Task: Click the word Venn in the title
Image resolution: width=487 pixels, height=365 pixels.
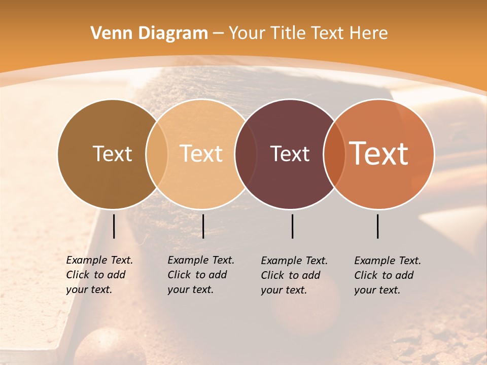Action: click(110, 33)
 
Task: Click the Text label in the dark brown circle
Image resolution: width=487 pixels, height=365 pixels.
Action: click(112, 154)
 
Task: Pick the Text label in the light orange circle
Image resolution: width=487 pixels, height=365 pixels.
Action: click(201, 154)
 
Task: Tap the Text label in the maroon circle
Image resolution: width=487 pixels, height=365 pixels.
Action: click(290, 154)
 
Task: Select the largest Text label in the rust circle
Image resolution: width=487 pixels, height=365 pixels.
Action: click(378, 153)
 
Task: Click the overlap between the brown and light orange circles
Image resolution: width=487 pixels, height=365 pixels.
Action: click(157, 154)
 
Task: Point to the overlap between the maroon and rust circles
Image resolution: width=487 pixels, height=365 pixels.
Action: click(334, 154)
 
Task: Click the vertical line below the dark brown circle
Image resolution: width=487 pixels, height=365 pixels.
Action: click(114, 226)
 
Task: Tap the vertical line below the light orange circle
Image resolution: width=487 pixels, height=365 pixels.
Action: click(203, 226)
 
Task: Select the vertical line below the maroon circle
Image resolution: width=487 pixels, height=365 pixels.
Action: click(292, 226)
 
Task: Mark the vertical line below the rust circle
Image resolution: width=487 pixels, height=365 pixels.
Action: click(377, 226)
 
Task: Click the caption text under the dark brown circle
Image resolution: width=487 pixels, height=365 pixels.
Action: click(99, 275)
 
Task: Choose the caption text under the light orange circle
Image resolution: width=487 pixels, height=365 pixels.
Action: click(201, 275)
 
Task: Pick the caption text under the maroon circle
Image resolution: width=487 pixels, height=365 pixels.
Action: click(294, 275)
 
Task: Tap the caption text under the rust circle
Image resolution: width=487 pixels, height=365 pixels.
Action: click(388, 275)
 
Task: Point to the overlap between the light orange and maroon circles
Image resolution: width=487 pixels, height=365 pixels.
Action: click(246, 154)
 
